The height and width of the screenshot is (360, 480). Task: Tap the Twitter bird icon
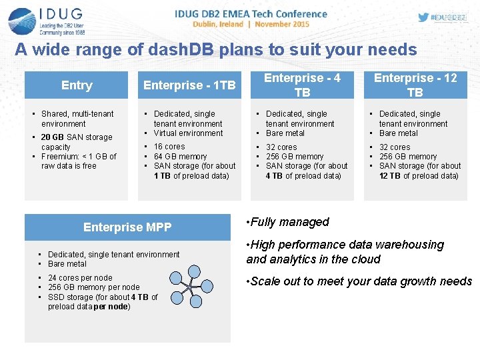(x=424, y=17)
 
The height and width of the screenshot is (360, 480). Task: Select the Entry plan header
(x=77, y=85)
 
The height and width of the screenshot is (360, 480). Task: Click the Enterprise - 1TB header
(x=189, y=85)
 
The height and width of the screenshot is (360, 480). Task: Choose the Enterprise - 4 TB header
(x=302, y=85)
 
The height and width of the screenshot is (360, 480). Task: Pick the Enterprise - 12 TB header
(x=415, y=85)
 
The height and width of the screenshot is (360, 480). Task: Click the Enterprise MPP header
(x=127, y=227)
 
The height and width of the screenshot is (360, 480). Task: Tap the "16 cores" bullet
(x=169, y=147)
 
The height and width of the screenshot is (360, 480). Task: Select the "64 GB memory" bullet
(x=180, y=157)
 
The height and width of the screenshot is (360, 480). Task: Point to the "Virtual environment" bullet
(x=189, y=133)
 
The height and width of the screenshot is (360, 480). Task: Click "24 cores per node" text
(x=80, y=278)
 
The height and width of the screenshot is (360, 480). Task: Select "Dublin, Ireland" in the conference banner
(x=218, y=24)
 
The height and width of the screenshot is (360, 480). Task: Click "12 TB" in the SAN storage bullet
(x=389, y=176)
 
